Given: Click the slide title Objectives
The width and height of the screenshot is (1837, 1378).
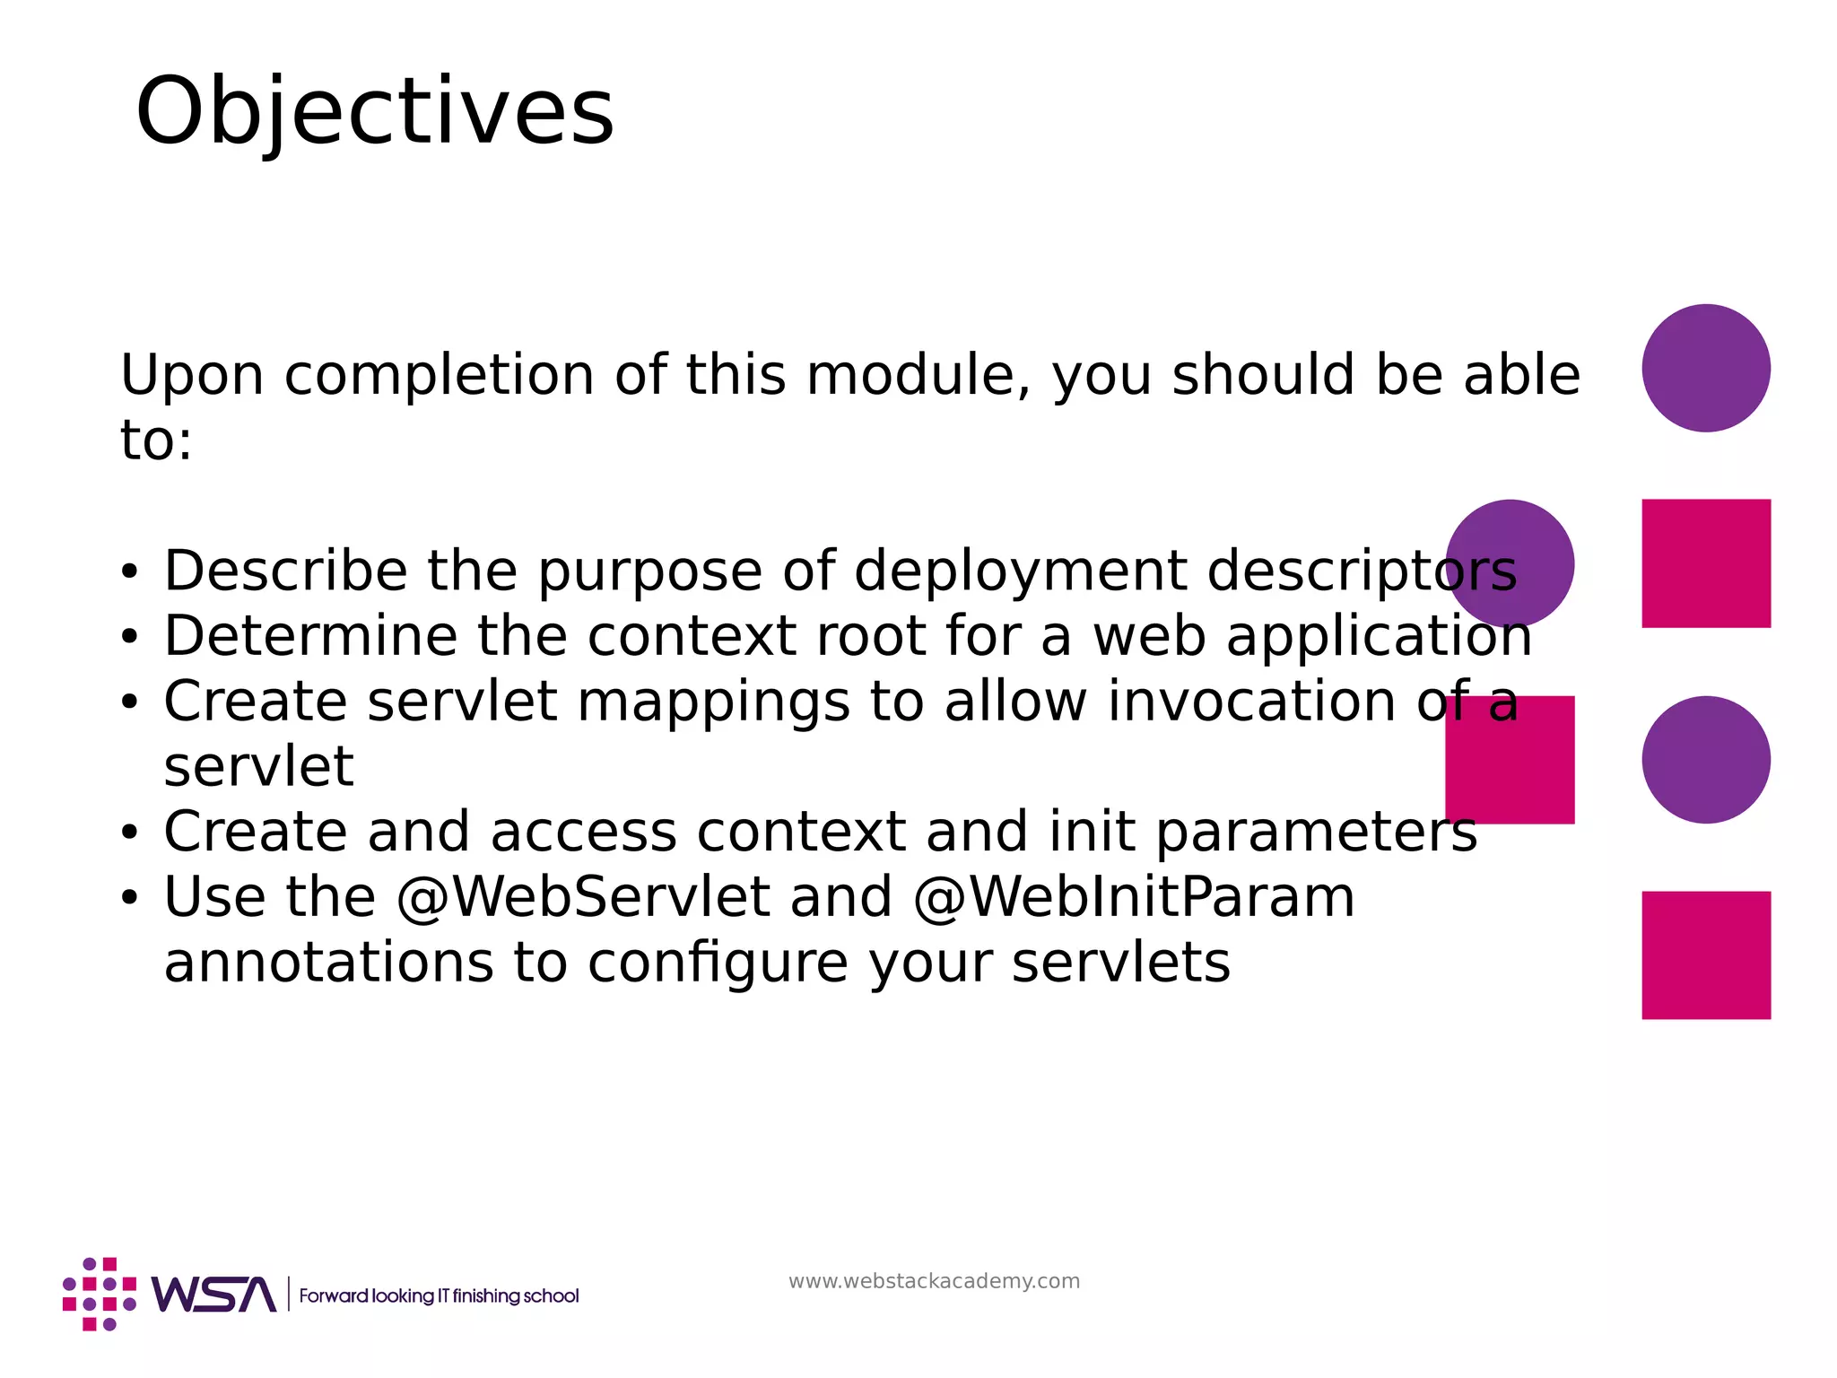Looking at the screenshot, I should [x=375, y=112].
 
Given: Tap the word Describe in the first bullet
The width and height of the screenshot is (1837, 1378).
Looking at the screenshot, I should [x=285, y=571].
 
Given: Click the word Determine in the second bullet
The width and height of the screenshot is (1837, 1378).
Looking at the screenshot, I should [x=310, y=636].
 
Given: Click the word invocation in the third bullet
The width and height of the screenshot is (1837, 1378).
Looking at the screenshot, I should [x=1251, y=701].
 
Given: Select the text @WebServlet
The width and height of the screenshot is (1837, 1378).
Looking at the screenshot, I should [x=583, y=897].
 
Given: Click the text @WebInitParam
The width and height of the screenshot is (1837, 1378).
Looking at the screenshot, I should [x=1134, y=897].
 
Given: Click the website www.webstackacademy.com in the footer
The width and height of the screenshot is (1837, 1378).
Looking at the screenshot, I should [x=934, y=1281].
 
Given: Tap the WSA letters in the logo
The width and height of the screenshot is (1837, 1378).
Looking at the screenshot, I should [x=213, y=1295].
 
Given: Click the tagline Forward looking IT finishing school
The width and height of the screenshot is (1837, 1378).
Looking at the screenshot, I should [x=439, y=1296].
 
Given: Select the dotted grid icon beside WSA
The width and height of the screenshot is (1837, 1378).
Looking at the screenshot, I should [x=99, y=1295].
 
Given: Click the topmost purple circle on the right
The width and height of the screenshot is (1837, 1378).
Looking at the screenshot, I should [x=1705, y=368].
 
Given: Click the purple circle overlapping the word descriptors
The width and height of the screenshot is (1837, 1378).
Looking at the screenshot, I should [x=1510, y=563].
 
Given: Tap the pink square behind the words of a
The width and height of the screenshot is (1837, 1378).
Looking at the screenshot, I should [x=1510, y=760].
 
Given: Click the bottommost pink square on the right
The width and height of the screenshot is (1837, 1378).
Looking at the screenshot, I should [x=1705, y=955].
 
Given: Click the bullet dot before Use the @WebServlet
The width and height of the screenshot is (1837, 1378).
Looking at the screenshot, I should [x=130, y=897].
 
